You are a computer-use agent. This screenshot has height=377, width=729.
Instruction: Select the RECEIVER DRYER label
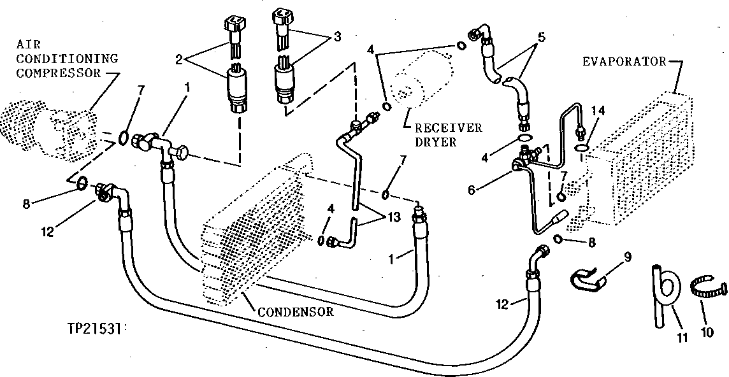point(447,134)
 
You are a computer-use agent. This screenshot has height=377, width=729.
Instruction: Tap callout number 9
point(627,258)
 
